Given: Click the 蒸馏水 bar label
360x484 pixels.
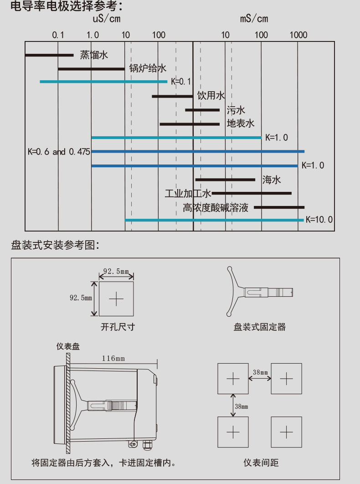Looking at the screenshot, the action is coord(94,55).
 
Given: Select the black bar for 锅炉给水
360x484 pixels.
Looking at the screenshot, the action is coord(92,69).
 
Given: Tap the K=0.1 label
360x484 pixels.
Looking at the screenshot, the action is coord(181,82).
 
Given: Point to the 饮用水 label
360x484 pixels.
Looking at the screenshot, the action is coord(211,95).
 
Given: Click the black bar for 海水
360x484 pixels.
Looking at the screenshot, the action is coord(226,180).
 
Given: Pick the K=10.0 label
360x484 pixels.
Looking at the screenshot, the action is coord(319,220).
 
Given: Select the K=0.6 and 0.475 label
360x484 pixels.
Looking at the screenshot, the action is coord(59,152).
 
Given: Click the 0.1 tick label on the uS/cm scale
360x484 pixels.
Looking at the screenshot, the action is coord(58,35).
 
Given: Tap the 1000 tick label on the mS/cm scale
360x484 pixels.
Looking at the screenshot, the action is coord(298,35).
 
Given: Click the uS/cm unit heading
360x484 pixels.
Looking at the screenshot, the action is coord(107,19).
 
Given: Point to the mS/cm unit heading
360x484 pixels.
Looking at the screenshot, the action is coord(254,19).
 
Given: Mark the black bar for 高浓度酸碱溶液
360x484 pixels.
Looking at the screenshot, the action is coord(279,207).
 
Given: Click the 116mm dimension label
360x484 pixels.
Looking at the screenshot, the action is coord(113,358).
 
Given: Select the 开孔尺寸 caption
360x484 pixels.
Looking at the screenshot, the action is coord(118,327).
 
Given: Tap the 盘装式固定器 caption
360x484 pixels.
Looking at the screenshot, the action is coord(260,327).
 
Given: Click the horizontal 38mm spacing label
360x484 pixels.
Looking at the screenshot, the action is coord(260,372).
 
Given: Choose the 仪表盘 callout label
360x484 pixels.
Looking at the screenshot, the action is coord(68,346).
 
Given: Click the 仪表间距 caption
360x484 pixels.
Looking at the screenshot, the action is coord(261,463).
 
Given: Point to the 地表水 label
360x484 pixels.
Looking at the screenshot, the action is coord(241,124).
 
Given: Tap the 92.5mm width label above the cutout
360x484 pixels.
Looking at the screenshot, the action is coord(116,271).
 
